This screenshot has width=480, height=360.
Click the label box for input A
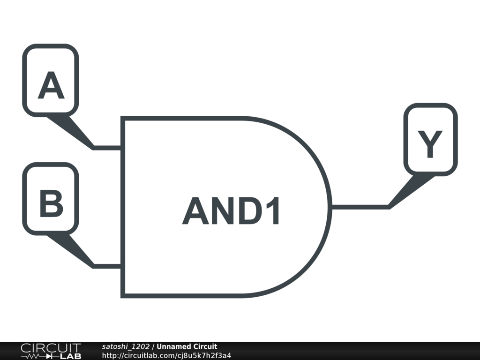51,80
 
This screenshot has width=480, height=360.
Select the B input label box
51,198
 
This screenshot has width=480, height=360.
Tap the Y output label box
430,139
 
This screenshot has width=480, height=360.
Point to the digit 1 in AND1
273,211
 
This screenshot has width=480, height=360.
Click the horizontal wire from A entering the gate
108,148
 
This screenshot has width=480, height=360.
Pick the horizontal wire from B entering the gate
108,266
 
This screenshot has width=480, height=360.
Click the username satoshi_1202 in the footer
126,347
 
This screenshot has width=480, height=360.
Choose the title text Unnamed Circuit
187,347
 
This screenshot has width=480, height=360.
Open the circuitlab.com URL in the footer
166,355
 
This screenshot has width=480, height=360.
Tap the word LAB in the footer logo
70,356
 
